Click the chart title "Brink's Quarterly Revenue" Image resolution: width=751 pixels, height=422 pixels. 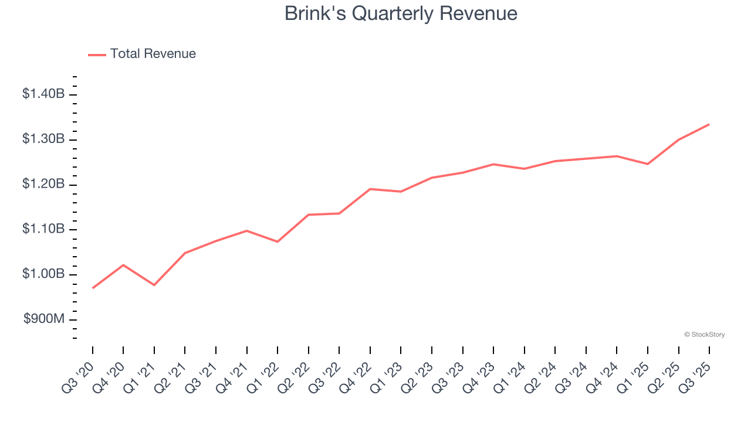pos(401,13)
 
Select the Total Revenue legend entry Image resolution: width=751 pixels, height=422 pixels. pos(142,54)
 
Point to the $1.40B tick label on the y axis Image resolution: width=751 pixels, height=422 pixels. pos(43,94)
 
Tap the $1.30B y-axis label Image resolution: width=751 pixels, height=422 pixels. pos(43,139)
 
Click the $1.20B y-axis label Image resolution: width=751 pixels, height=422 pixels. pos(43,185)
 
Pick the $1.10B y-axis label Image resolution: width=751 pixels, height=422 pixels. pos(43,229)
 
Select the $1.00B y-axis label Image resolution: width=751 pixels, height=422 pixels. pos(43,274)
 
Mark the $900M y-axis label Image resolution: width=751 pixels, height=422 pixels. pos(45,319)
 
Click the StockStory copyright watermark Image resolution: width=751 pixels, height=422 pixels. pos(704,335)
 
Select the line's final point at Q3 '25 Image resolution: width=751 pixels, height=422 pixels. pos(709,124)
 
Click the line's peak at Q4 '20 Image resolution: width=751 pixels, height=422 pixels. pos(123,265)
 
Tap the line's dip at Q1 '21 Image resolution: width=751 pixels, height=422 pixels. pos(154,285)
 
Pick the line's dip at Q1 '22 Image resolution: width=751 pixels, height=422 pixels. pos(278,241)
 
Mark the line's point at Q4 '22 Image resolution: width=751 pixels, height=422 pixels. pos(370,189)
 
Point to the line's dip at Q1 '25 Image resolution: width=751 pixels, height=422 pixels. pos(648,164)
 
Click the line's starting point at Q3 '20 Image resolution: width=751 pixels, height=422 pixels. pos(93,288)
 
